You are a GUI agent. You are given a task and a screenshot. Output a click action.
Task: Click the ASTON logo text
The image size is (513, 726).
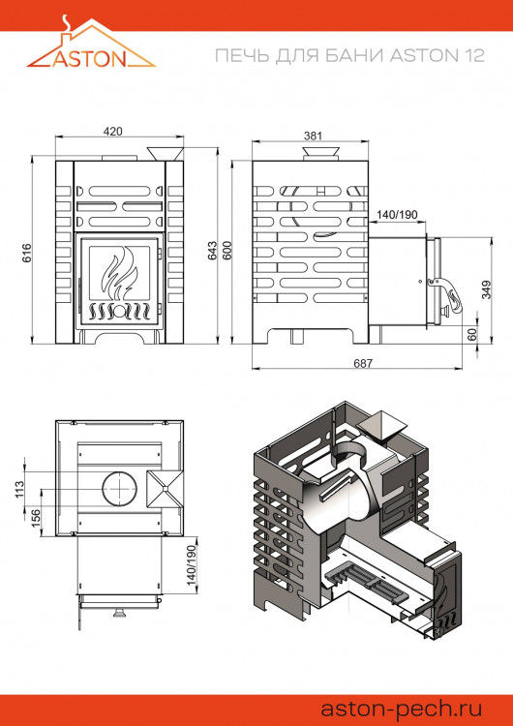[93, 57]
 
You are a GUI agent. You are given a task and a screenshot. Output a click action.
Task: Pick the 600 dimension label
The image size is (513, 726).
[228, 249]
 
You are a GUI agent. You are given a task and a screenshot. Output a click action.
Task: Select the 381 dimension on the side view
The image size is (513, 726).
[312, 136]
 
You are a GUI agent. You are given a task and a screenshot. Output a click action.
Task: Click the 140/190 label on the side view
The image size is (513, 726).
[395, 215]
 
